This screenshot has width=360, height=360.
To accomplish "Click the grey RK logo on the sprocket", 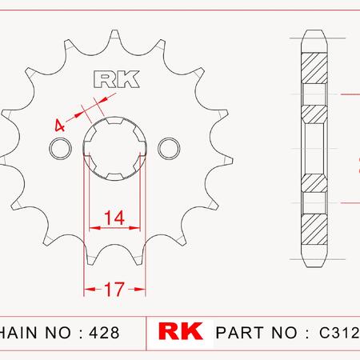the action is point(117,79).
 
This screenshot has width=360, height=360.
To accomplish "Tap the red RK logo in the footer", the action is point(181,331).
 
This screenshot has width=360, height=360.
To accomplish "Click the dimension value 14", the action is point(114,218).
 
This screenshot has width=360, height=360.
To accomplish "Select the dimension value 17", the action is point(114,290).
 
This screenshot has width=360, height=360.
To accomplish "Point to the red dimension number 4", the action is point(59,126).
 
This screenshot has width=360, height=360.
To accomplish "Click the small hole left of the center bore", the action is point(61,148).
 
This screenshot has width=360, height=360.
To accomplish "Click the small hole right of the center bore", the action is point(169,148).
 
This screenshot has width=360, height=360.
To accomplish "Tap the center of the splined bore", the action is point(114,148).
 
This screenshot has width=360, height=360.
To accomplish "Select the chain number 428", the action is point(105,333).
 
